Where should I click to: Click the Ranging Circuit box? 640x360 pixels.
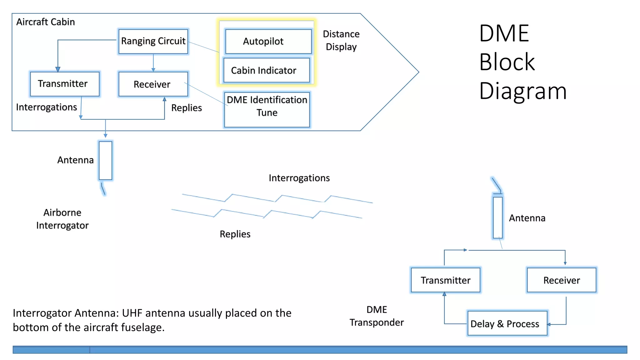point(153,41)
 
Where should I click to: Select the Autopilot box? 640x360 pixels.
point(268,41)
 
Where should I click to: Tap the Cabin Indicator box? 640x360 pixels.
point(267,70)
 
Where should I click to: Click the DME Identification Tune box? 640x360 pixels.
point(267,109)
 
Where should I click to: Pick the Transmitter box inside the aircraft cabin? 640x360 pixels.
point(65,84)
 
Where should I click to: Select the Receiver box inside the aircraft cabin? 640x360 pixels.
point(153,84)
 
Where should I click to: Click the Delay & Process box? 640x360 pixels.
point(507,323)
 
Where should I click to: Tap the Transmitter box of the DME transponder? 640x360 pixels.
point(445,280)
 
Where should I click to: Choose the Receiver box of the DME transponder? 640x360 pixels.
point(562,280)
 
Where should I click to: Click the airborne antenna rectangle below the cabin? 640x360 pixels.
point(106,161)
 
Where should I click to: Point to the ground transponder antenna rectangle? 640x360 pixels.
point(498,217)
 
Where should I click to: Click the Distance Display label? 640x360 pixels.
point(341,40)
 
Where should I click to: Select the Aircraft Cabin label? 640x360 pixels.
point(46,22)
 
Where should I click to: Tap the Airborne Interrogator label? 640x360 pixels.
point(62,219)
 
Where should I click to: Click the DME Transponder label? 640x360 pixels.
point(377,316)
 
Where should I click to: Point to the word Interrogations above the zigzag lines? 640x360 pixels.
point(299,178)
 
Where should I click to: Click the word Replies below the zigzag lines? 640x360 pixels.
point(235,234)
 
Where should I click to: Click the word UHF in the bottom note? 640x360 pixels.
point(132,313)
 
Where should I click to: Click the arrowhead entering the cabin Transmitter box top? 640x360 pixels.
point(58,69)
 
